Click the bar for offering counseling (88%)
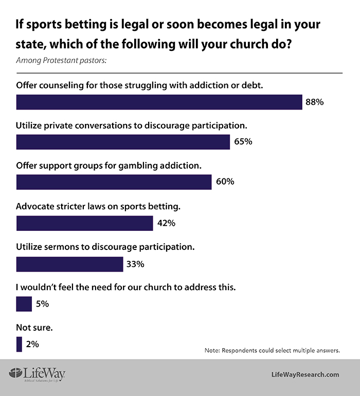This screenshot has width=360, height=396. tap(159, 102)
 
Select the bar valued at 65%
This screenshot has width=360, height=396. tap(123, 142)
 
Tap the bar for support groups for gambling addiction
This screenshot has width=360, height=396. tap(114, 182)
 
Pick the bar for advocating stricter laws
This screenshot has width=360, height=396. tap(84, 223)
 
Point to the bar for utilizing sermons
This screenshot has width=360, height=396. tap(69, 264)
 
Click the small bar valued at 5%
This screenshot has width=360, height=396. tap(24, 304)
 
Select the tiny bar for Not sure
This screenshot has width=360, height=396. tap(19, 344)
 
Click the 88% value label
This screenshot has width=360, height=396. tap(314, 102)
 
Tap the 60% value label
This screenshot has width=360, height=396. tap(225, 182)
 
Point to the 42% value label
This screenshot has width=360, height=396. tap(166, 223)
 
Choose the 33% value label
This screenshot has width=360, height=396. tap(135, 264)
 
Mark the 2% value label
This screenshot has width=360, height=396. tap(32, 344)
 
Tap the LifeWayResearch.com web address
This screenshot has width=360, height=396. tap(305, 375)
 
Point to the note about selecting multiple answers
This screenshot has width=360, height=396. tap(272, 350)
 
